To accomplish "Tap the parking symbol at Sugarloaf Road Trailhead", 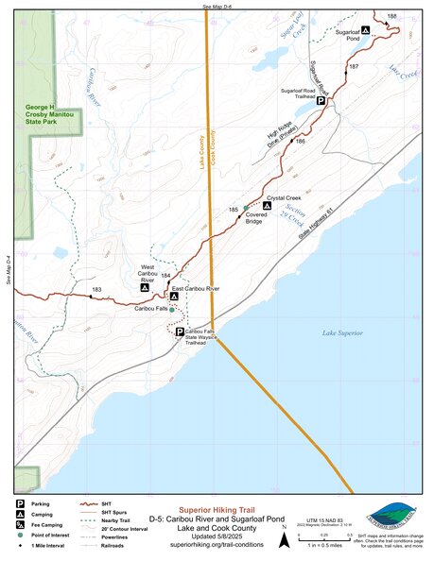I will (321, 100).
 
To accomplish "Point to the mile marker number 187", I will (354, 67).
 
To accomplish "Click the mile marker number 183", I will (96, 289).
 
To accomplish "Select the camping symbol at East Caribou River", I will (173, 297).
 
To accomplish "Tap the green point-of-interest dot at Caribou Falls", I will (172, 309).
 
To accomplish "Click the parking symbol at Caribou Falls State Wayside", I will (180, 331).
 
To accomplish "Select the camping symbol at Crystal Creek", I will (268, 206).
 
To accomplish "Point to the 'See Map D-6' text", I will (217, 6).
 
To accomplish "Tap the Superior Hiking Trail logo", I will (391, 516).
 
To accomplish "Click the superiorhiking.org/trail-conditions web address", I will (217, 545).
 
